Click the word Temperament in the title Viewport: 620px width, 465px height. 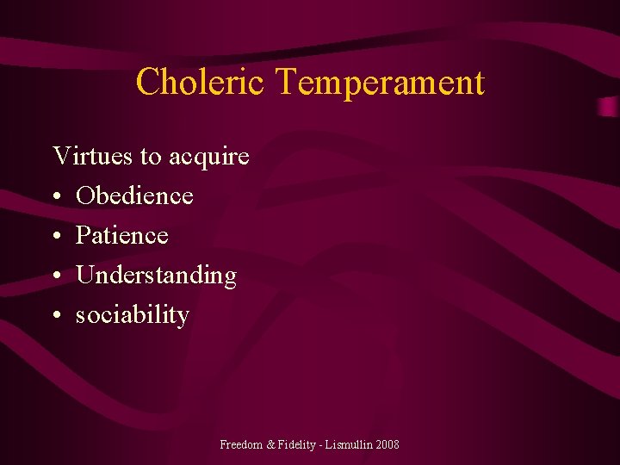[x=380, y=84]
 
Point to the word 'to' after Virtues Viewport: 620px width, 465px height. [x=151, y=157]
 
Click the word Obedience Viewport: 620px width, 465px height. [x=134, y=195]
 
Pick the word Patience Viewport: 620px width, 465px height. [x=122, y=235]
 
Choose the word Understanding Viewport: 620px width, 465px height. [x=156, y=276]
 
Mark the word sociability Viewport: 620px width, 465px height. [x=133, y=315]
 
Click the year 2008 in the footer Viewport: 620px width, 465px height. [x=387, y=444]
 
